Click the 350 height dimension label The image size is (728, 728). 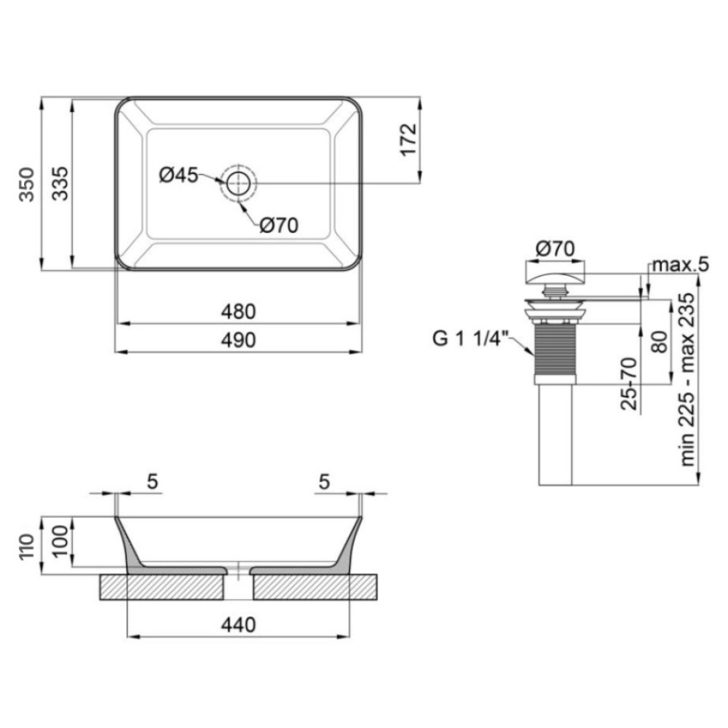click(26, 184)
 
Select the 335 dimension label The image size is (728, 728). click(60, 183)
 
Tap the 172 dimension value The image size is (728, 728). click(408, 140)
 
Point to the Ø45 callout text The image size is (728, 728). click(178, 175)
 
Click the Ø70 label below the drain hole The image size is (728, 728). click(279, 225)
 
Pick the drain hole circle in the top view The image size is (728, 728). click(239, 183)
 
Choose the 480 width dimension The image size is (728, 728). click(238, 312)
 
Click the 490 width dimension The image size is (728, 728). click(238, 340)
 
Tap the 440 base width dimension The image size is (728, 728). click(238, 625)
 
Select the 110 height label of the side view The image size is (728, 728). click(26, 547)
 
